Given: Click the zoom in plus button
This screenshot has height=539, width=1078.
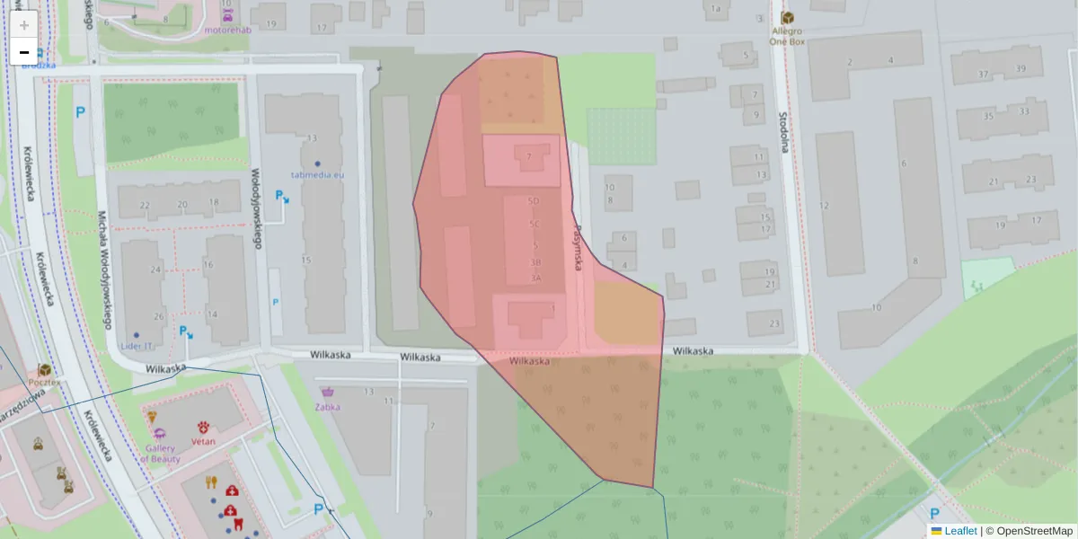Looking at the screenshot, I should [x=23, y=24].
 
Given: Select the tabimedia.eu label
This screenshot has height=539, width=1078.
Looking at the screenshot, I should [x=317, y=175].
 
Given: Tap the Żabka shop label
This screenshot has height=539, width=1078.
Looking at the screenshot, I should [x=327, y=406].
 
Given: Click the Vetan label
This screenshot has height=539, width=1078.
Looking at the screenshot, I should [x=203, y=442].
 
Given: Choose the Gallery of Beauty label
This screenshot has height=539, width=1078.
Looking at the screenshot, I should [x=160, y=453].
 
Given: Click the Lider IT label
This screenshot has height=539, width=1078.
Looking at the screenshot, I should [x=136, y=346].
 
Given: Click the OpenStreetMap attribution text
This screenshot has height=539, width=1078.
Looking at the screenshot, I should [x=1033, y=531].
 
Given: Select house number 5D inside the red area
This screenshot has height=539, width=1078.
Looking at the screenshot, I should [x=535, y=201].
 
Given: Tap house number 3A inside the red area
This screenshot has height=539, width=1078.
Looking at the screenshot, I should [x=536, y=278].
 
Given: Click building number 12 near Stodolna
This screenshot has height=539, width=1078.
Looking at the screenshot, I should [x=824, y=206].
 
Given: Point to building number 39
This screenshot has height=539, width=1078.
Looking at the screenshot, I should [x=1020, y=69].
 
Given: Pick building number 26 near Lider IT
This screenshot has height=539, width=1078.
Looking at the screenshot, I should [x=159, y=316].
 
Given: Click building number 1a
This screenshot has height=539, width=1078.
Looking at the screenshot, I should [x=715, y=10].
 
